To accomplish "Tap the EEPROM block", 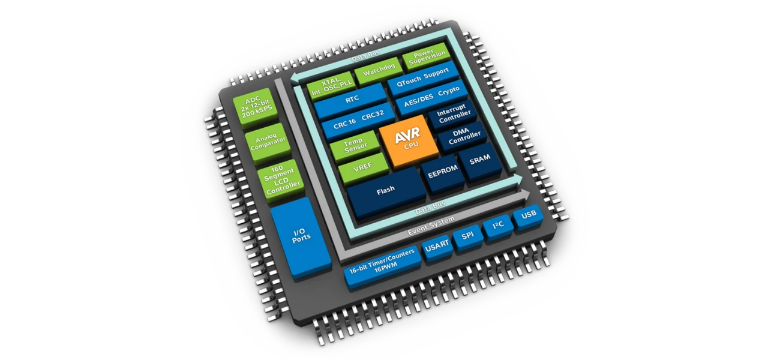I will (x=442, y=170).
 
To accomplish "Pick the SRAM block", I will (x=480, y=158).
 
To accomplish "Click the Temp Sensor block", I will (x=355, y=145).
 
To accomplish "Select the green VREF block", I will (x=362, y=169).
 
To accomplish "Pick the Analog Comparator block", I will (x=267, y=142).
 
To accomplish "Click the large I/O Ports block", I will (x=301, y=236).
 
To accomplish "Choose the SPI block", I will (x=467, y=236).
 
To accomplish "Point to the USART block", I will (x=437, y=246).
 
